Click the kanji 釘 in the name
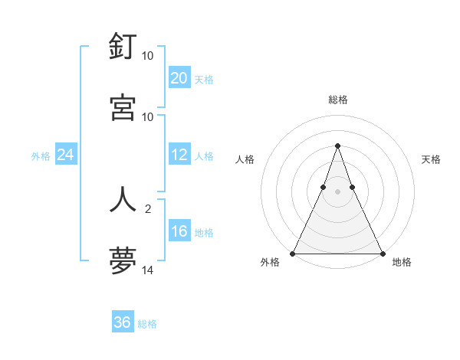(x=123, y=47)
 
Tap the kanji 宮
(x=123, y=107)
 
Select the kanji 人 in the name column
(x=123, y=199)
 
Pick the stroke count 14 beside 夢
(x=148, y=270)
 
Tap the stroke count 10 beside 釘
(x=148, y=56)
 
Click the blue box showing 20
(x=179, y=78)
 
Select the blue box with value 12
(x=179, y=155)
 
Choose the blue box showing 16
(x=179, y=231)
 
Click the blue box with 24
(x=66, y=155)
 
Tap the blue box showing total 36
(x=123, y=322)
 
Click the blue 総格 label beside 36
(x=147, y=324)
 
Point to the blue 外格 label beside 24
(x=41, y=156)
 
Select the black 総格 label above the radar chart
(x=338, y=100)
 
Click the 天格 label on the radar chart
(x=432, y=159)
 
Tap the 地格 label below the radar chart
(x=402, y=262)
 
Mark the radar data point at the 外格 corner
(x=294, y=254)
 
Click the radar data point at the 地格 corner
(x=382, y=254)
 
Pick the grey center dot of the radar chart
(x=337, y=191)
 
